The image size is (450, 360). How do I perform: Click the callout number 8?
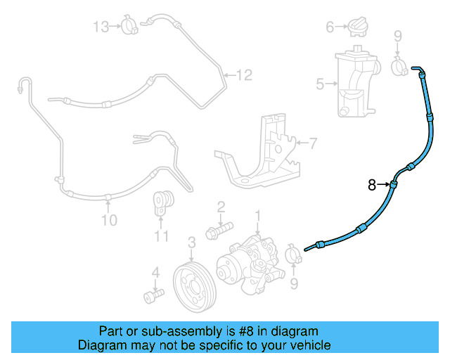(x=372, y=186)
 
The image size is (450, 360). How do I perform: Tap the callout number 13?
(x=102, y=27)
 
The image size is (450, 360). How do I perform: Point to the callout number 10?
(x=108, y=221)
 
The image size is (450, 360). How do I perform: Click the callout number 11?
(x=162, y=236)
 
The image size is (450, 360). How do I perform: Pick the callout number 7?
(x=313, y=143)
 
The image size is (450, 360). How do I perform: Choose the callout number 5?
(x=320, y=85)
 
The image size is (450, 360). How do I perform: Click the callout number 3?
(x=191, y=243)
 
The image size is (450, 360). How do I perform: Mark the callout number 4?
(x=156, y=272)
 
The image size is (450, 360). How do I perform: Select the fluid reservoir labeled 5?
(x=356, y=83)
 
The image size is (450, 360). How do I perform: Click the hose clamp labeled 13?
(x=129, y=26)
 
